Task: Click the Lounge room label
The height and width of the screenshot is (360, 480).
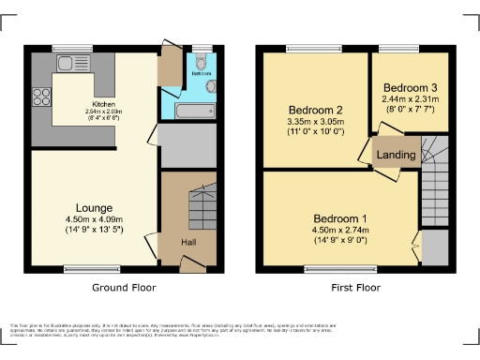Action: (96, 207)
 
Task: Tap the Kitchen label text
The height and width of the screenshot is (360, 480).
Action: (103, 103)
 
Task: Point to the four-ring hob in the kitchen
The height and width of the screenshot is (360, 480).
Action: (41, 96)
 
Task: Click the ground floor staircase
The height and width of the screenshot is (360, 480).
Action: (202, 207)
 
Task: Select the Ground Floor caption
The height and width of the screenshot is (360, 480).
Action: (124, 288)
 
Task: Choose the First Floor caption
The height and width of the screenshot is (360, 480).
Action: (355, 288)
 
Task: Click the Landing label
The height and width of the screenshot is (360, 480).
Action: (397, 155)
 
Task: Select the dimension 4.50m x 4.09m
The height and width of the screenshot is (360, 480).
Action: (96, 219)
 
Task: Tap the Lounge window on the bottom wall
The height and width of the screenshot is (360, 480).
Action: (79, 269)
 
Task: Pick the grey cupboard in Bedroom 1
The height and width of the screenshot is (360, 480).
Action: (435, 247)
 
